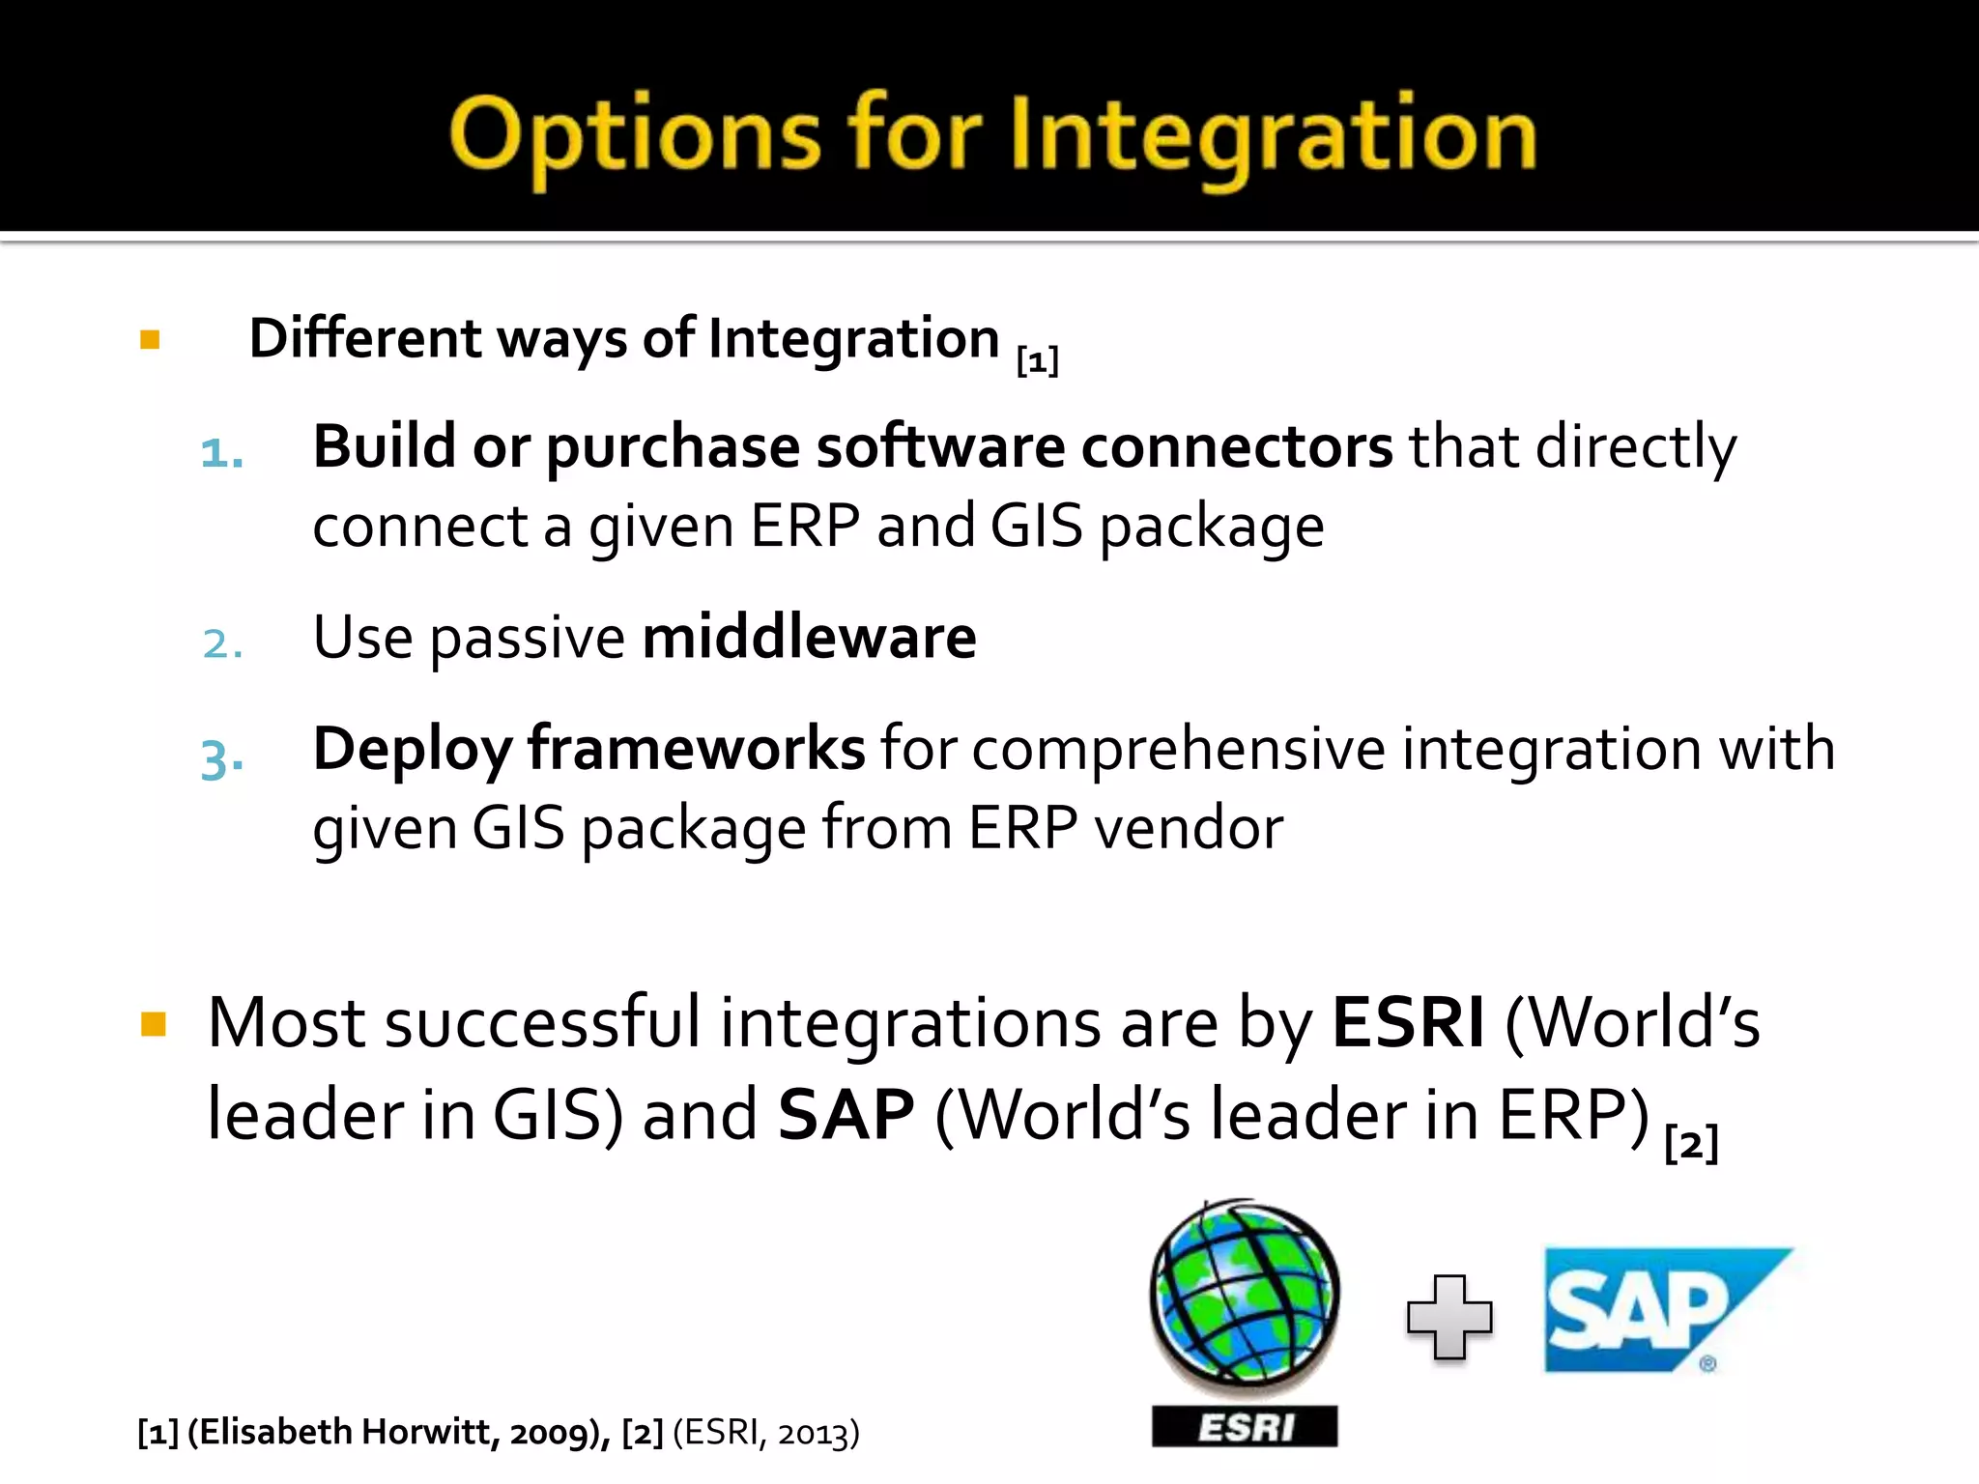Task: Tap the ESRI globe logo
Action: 1245,1295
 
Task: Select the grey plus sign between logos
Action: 1449,1318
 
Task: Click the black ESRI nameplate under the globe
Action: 1245,1427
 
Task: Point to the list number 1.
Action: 221,452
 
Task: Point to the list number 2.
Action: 221,643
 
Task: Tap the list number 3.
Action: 221,758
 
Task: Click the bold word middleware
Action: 809,638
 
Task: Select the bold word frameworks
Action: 696,749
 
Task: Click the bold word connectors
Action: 1236,447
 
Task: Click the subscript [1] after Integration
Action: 1038,361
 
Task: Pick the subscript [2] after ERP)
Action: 1691,1144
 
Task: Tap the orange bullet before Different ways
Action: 150,339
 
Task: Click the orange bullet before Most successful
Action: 154,1024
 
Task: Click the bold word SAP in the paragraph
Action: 846,1115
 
